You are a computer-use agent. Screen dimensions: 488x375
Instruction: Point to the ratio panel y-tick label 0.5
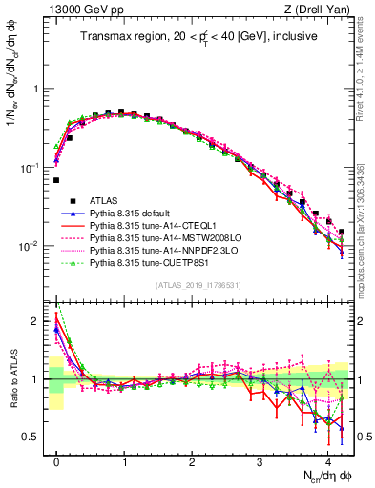34,437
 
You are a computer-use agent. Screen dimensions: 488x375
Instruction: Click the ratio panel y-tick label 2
38,321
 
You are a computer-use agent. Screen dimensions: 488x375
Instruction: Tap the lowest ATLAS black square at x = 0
56,179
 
